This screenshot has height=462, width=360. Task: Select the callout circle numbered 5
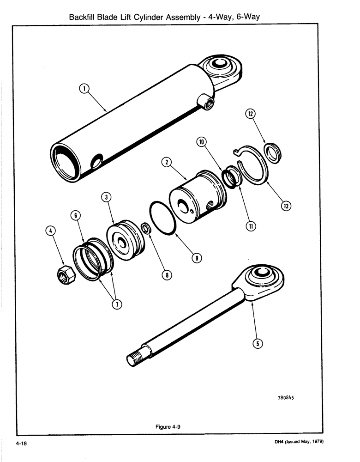(x=258, y=343)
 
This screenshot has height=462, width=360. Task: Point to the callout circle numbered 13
(x=286, y=206)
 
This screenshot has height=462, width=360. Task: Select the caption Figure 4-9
(x=167, y=427)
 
